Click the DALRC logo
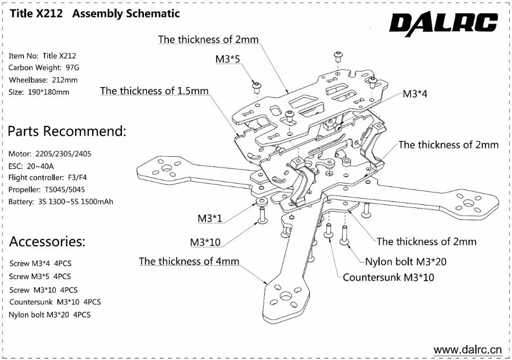pyautogui.click(x=443, y=23)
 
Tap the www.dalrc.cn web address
pyautogui.click(x=468, y=350)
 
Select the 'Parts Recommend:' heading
pyautogui.click(x=67, y=131)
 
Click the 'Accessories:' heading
pyautogui.click(x=47, y=241)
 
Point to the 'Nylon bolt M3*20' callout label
pyautogui.click(x=406, y=262)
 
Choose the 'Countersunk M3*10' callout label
pyautogui.click(x=388, y=278)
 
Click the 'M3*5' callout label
pyautogui.click(x=228, y=59)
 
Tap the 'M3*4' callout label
pyautogui.click(x=415, y=94)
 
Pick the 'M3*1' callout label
pyautogui.click(x=210, y=219)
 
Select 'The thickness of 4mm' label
pyautogui.click(x=189, y=261)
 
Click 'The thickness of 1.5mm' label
pyautogui.click(x=154, y=91)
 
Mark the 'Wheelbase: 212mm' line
pyautogui.click(x=43, y=80)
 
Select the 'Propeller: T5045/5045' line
pyautogui.click(x=47, y=189)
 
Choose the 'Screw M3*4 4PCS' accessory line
pyautogui.click(x=40, y=264)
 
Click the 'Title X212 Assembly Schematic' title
pyautogui.click(x=94, y=14)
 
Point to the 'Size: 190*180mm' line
pyautogui.click(x=39, y=92)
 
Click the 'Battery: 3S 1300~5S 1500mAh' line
pyautogui.click(x=61, y=201)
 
